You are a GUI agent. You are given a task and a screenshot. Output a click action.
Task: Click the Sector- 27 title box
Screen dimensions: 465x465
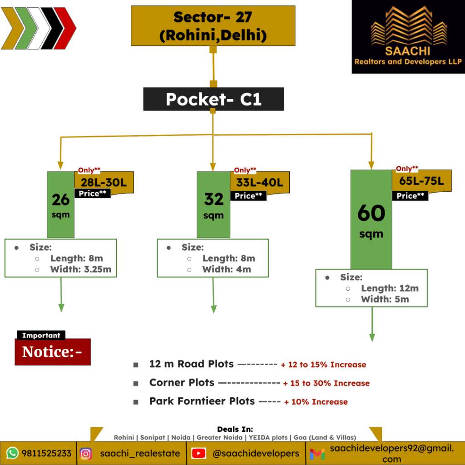click(x=213, y=25)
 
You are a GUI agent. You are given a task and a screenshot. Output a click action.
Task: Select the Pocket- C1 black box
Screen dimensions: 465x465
click(x=213, y=99)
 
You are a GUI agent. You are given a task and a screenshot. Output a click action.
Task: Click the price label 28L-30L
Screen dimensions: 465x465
click(x=104, y=182)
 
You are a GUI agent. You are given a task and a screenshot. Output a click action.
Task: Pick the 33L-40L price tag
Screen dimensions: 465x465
click(x=260, y=183)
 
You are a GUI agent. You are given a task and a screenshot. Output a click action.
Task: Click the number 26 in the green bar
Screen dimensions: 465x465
click(x=60, y=199)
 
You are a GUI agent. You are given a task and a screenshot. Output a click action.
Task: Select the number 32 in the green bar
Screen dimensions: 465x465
click(x=213, y=199)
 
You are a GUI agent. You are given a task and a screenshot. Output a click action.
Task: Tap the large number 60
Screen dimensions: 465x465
click(x=371, y=213)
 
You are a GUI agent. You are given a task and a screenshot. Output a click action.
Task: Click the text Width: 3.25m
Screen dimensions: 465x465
click(x=80, y=269)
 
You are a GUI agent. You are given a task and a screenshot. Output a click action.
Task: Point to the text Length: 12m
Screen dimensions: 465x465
click(x=390, y=288)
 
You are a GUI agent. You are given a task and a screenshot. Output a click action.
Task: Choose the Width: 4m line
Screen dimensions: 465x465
click(x=226, y=269)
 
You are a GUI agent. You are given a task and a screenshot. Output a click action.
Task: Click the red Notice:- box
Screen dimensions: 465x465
click(x=53, y=352)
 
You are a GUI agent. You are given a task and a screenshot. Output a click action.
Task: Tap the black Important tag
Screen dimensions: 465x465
click(x=41, y=336)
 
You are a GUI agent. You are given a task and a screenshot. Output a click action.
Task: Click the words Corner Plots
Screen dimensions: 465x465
click(x=182, y=383)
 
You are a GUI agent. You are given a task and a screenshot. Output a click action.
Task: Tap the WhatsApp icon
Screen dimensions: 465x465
click(x=12, y=453)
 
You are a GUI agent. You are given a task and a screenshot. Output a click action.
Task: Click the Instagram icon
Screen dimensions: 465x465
click(x=86, y=453)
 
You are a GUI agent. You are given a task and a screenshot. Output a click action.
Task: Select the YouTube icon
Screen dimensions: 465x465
click(x=198, y=453)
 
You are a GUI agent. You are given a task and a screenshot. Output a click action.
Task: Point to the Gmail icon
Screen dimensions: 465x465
click(x=317, y=454)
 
